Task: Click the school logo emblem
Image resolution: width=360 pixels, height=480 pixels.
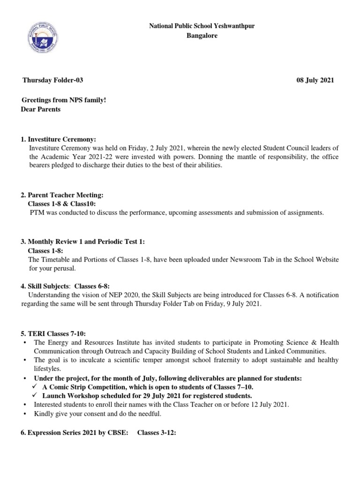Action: point(43,37)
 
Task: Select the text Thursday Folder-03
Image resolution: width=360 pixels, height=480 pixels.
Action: point(53,80)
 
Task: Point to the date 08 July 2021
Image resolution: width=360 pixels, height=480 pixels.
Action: point(315,80)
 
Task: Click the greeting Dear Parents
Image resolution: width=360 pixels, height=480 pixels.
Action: point(41,109)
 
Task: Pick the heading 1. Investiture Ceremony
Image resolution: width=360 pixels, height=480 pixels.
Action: point(58,139)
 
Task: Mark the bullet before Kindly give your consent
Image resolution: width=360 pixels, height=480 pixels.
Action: point(24,414)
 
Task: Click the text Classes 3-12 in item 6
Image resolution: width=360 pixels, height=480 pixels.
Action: point(157,433)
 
